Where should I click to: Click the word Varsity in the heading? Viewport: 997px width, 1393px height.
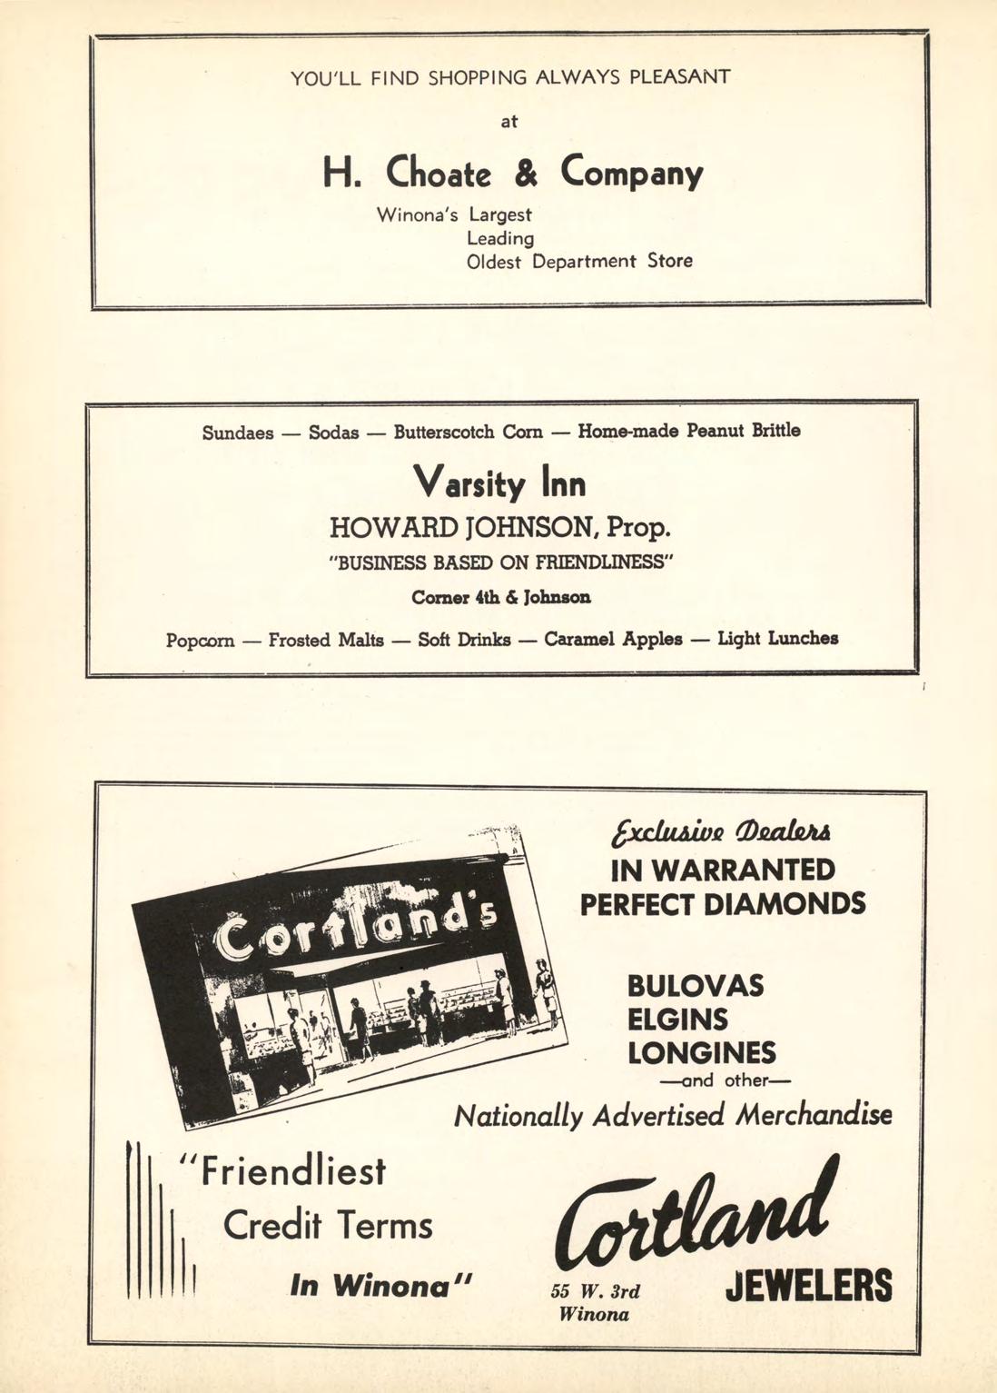[x=469, y=484]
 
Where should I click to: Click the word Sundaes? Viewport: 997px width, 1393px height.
[x=238, y=433]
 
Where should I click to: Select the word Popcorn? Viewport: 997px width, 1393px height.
[x=200, y=641]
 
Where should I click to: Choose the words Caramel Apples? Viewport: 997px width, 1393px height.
[x=613, y=639]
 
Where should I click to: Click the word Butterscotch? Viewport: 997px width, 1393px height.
[x=445, y=432]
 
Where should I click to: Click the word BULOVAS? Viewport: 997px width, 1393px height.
[x=696, y=986]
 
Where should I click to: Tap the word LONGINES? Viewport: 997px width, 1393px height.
[x=702, y=1053]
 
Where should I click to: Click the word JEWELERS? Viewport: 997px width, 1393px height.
[x=809, y=1286]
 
